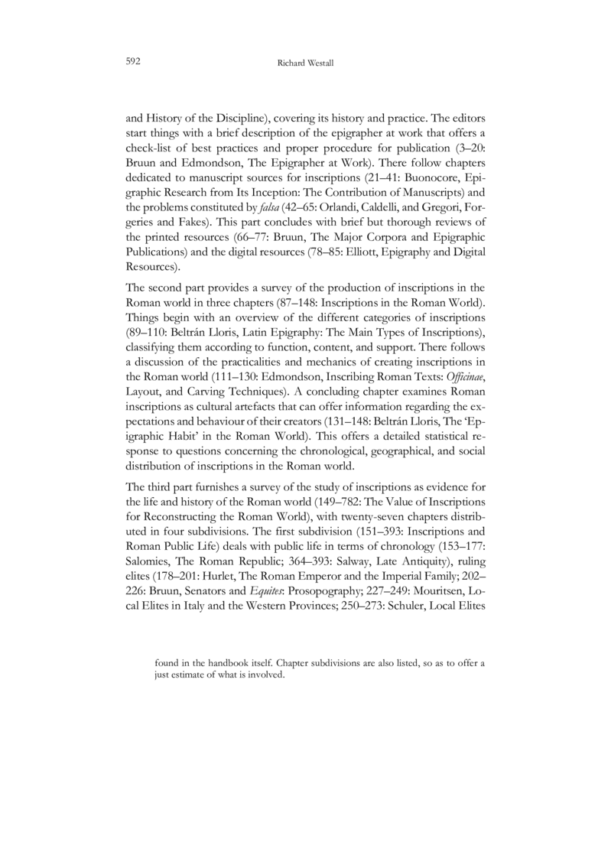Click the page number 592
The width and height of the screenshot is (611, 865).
click(132, 59)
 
